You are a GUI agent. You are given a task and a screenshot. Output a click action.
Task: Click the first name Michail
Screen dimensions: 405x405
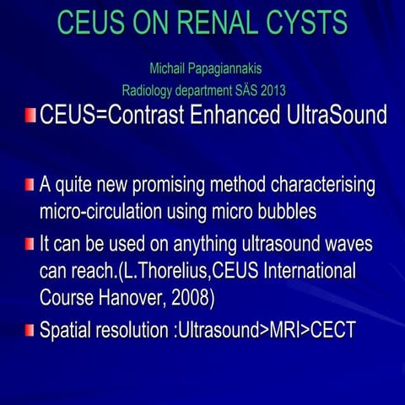[167, 67]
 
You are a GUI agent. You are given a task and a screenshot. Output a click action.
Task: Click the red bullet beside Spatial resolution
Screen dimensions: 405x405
[30, 330]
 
